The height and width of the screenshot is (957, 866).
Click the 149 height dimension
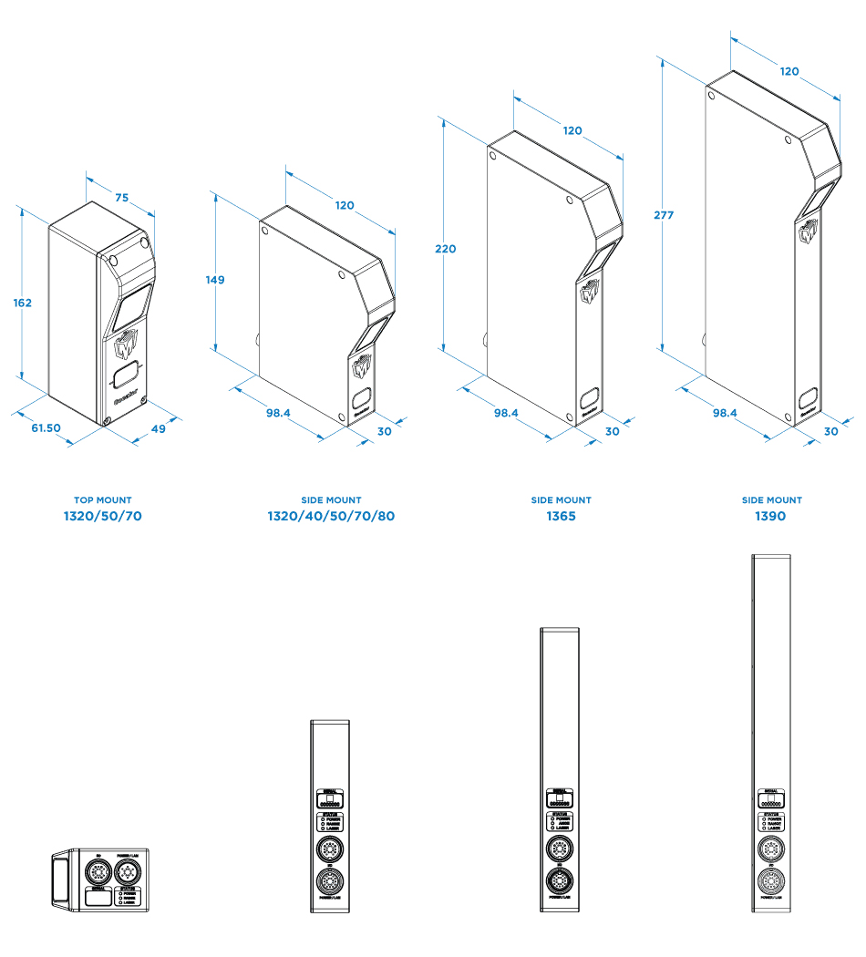tap(215, 280)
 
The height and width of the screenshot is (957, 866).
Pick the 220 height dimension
tap(446, 249)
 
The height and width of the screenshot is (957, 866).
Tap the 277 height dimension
tap(664, 215)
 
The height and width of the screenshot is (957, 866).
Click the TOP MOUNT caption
tap(102, 500)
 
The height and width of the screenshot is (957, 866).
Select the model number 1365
tap(561, 516)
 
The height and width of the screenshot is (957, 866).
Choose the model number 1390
tap(770, 516)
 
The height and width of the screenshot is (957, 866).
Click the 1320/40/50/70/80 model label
tap(331, 516)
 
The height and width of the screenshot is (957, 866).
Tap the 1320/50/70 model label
tap(102, 516)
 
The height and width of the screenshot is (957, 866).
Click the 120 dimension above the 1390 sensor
tap(789, 71)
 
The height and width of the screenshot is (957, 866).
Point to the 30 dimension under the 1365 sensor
tap(612, 431)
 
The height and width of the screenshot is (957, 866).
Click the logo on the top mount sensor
tap(124, 350)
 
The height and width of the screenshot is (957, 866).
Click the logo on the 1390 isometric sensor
tap(809, 232)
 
